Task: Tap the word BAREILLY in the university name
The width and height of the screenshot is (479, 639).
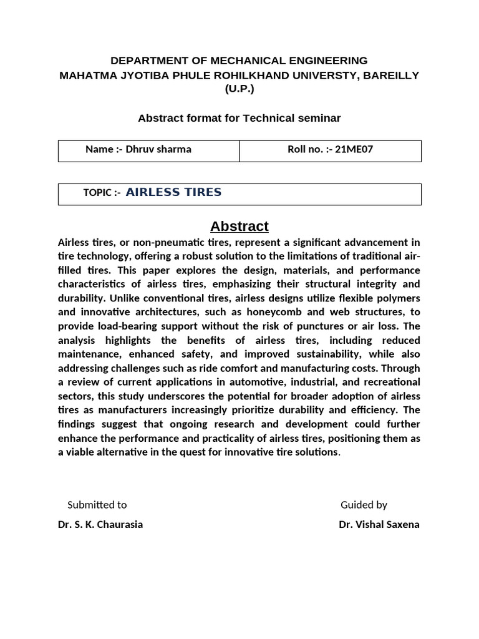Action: pos(391,75)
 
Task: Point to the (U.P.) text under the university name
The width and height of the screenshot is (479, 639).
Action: pos(239,89)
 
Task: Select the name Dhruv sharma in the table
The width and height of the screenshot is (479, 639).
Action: pos(158,149)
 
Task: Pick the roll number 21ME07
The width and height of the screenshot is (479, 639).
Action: pos(354,149)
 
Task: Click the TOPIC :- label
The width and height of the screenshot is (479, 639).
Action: pos(102,193)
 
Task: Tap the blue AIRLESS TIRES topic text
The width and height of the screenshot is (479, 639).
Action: pos(173,192)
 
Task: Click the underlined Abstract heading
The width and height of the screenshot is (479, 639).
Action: pos(239,226)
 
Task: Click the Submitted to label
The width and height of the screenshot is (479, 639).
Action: pos(97,505)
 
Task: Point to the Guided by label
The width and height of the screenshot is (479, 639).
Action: pos(364,505)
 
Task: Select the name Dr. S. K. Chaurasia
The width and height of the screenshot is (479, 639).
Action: pos(100,524)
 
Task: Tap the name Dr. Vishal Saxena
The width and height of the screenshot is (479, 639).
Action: pos(379,524)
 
